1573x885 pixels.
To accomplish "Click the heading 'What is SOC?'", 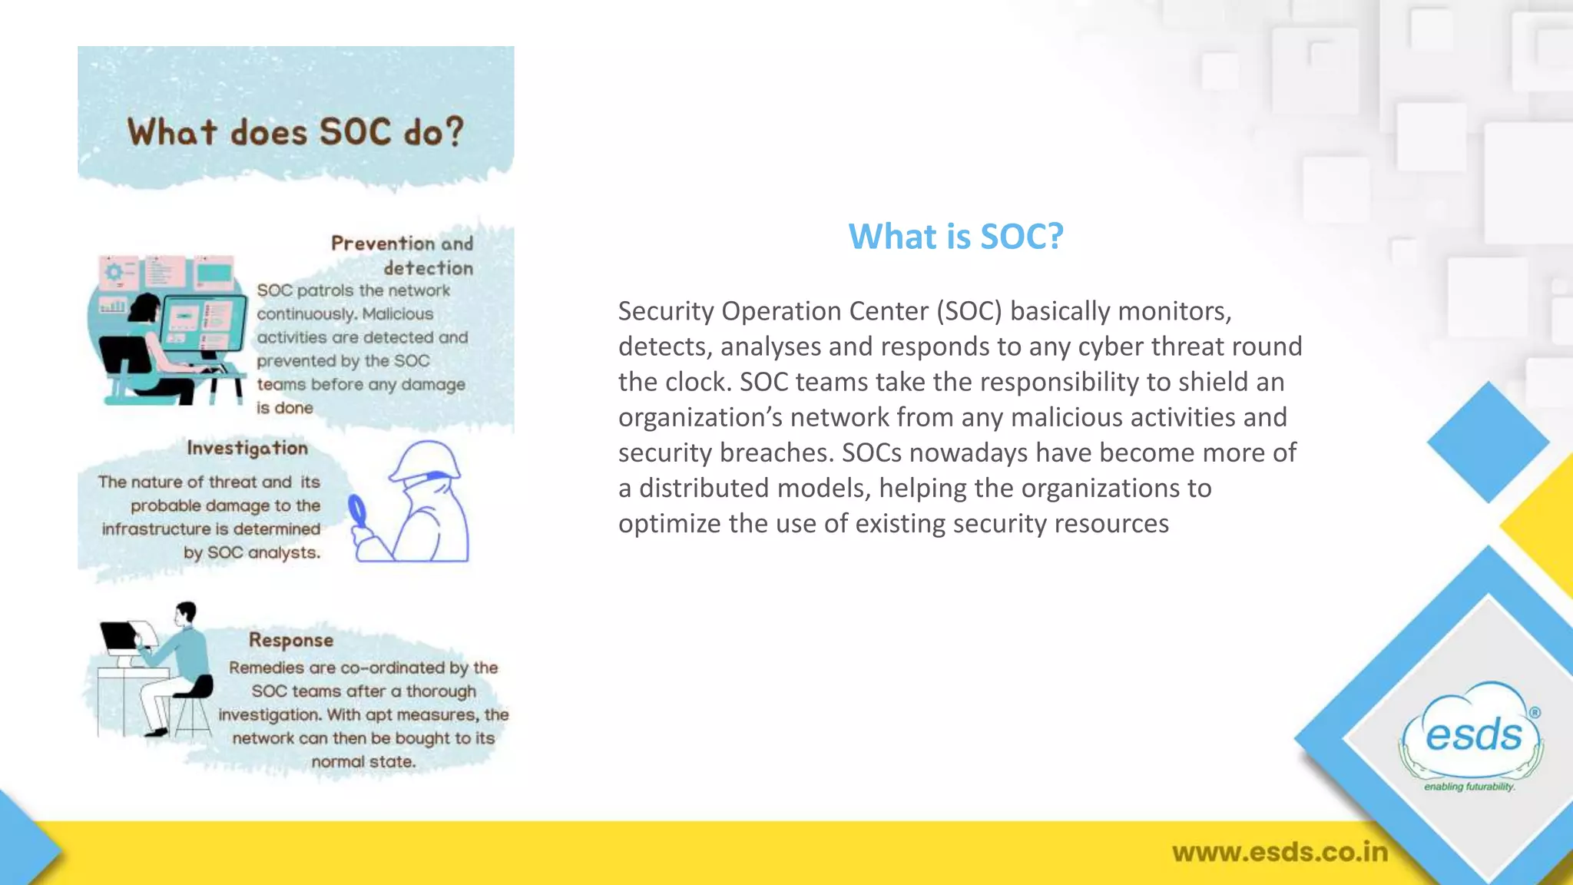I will (955, 236).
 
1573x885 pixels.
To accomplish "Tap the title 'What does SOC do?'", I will (296, 132).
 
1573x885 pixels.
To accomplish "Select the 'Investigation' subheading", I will (247, 448).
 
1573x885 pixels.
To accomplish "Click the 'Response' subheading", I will (291, 640).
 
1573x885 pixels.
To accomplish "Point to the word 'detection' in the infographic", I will (429, 268).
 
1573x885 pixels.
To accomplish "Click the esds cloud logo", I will (1472, 734).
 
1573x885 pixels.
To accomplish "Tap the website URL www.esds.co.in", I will (1280, 852).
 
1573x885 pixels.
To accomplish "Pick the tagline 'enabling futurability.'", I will (1469, 787).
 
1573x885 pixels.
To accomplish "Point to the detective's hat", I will (426, 459).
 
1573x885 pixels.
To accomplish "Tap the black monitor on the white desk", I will (118, 636).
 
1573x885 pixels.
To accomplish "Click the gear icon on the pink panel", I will (114, 272).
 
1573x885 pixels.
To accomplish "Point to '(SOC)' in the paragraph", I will (969, 311).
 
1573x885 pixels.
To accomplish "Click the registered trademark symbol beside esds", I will (1535, 712).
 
